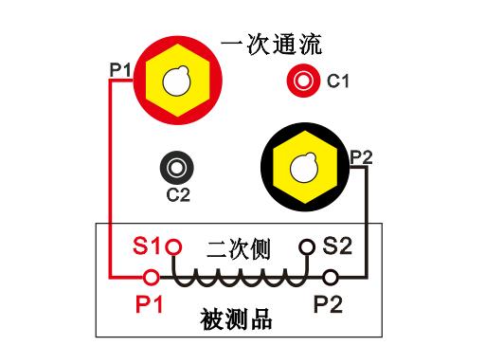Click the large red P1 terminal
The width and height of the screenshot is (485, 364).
click(x=176, y=83)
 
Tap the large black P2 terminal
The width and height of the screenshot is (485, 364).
click(x=306, y=170)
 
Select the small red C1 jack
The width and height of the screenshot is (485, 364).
click(x=305, y=81)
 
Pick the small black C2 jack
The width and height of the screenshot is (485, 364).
click(x=176, y=169)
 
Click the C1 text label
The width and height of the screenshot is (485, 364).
click(x=338, y=82)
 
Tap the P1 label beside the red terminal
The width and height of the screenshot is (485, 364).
click(x=120, y=69)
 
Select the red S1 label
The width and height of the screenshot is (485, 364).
click(x=147, y=247)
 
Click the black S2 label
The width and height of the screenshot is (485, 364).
click(x=337, y=247)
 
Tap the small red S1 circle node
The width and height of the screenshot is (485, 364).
click(x=172, y=248)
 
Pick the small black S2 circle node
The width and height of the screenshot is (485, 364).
click(x=306, y=247)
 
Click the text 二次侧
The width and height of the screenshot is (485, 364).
click(x=239, y=249)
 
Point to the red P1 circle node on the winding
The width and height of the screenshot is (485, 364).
click(x=150, y=278)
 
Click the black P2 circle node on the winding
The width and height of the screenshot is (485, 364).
click(x=331, y=278)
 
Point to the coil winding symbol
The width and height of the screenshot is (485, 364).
click(x=240, y=278)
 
